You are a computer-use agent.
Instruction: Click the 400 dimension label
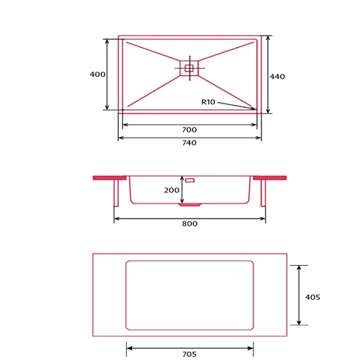click(98, 75)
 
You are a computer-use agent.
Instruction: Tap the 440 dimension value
click(277, 77)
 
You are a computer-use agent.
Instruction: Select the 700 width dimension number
click(190, 130)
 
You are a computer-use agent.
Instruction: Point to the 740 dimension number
click(190, 143)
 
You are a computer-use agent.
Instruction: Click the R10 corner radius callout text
click(209, 102)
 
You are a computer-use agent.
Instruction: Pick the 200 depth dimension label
click(172, 190)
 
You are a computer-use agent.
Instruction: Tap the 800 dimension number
click(190, 224)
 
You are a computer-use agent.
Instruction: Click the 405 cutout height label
click(313, 297)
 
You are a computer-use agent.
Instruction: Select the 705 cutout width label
click(190, 354)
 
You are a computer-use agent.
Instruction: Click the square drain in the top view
click(189, 68)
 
